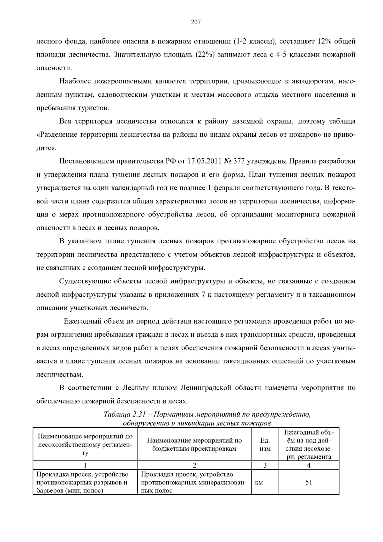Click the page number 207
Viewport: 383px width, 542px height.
click(x=195, y=22)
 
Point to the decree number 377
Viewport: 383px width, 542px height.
click(x=239, y=161)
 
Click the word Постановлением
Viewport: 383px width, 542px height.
click(x=84, y=161)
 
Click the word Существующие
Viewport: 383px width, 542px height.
click(x=85, y=281)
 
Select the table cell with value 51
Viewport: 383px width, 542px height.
click(x=309, y=482)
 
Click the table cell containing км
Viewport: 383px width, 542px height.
click(x=259, y=482)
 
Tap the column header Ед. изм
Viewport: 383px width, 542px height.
click(x=265, y=444)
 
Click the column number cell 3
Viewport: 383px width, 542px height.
click(x=265, y=465)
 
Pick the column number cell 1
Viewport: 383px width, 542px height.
click(x=85, y=465)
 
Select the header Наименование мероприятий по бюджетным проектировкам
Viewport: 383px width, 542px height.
click(x=194, y=444)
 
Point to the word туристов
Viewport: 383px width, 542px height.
click(x=93, y=108)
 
